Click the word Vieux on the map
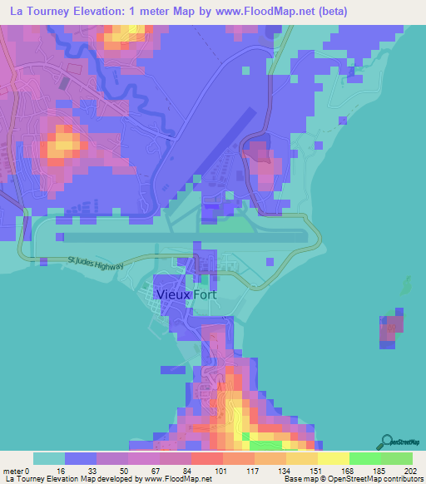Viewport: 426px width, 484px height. click(173, 294)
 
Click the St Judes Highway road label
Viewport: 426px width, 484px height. click(97, 264)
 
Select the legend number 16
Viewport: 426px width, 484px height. click(64, 472)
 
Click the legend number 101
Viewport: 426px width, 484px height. click(222, 472)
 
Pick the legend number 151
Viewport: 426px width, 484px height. click(317, 472)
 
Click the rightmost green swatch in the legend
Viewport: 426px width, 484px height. click(396, 458)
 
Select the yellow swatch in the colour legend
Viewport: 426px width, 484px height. click(333, 458)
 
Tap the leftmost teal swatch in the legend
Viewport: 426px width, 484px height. click(48, 458)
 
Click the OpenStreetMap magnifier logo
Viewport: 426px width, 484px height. click(386, 442)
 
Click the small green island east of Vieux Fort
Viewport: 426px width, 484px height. click(406, 288)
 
